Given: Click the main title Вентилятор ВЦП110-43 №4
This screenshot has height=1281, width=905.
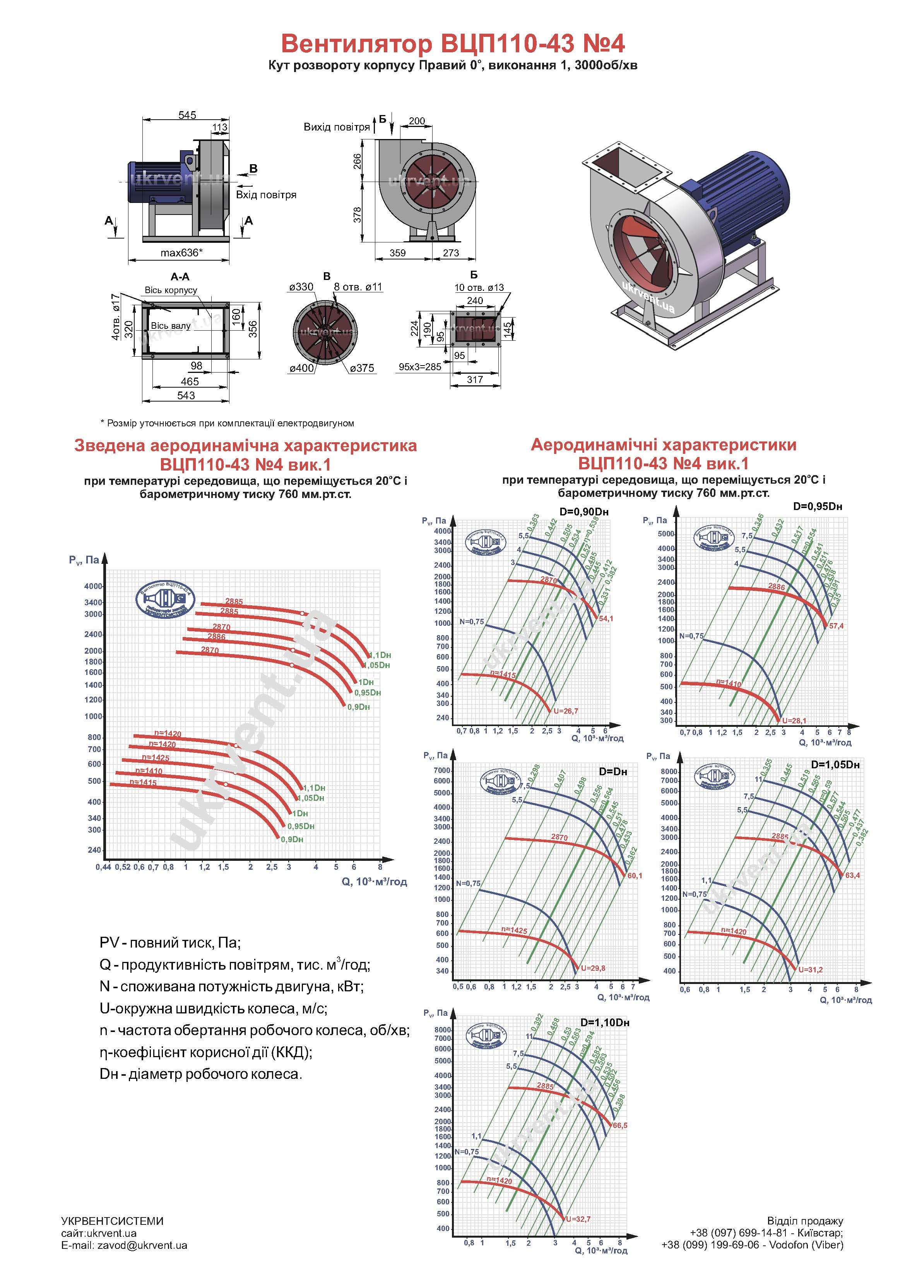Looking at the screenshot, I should [453, 43].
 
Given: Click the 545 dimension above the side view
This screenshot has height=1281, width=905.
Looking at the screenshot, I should [187, 115].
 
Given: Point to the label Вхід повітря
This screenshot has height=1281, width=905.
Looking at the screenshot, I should [266, 195].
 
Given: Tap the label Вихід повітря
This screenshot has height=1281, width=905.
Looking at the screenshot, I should [336, 127].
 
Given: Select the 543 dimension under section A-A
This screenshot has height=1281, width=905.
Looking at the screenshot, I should [186, 396].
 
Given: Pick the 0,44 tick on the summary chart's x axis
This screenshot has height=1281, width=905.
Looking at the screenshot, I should [103, 867].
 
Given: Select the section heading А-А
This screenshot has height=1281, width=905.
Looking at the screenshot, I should [180, 277].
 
